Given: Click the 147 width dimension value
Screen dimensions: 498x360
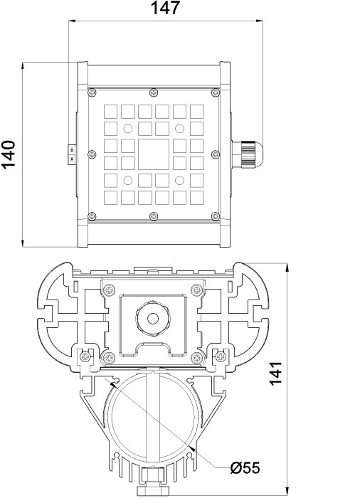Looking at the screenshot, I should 166,9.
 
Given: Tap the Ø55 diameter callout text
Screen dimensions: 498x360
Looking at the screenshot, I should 245,467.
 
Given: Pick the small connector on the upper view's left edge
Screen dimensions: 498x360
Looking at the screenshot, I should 73,154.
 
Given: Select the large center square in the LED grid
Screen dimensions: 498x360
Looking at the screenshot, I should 154,153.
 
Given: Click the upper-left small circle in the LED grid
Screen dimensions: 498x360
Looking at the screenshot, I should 128,129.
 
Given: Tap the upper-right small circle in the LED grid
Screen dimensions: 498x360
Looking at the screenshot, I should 180,129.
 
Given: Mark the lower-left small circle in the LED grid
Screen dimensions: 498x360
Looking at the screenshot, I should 128,179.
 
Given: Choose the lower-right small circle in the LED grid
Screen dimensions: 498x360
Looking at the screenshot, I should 180,179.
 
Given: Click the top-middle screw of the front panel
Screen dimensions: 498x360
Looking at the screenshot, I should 154,92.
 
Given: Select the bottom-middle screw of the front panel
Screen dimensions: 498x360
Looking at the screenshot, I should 154,216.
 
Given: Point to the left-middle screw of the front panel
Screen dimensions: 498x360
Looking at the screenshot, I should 90,154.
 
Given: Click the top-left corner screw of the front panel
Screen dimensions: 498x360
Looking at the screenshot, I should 91,92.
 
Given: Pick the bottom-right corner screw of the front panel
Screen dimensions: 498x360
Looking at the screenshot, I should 217,216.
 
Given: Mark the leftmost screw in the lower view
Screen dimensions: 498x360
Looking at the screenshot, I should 85,355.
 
